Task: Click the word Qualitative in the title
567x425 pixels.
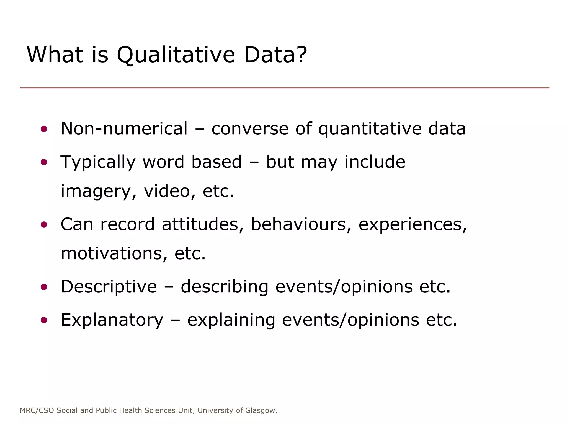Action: (x=176, y=55)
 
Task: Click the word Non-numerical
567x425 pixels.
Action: (x=124, y=129)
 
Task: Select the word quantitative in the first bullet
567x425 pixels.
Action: (x=370, y=129)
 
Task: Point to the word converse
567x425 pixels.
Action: (x=250, y=129)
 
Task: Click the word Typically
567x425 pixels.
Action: (x=98, y=162)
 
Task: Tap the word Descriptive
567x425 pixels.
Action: (x=109, y=287)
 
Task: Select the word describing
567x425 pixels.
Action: (x=225, y=287)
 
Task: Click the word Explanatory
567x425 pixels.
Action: (x=112, y=320)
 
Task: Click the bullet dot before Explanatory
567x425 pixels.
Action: (x=44, y=320)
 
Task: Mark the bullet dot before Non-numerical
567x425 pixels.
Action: (x=44, y=129)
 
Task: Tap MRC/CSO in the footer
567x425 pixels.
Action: (x=37, y=410)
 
